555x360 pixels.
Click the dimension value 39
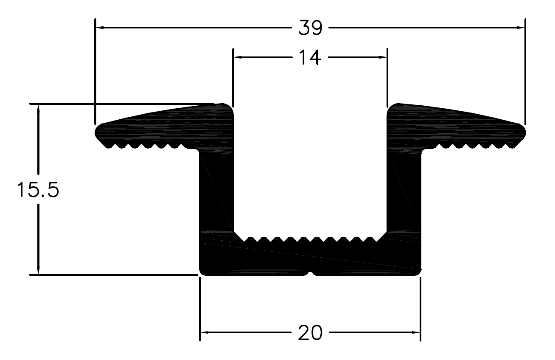tap(310, 28)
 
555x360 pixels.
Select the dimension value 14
tap(310, 57)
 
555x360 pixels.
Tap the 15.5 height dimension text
tap(38, 189)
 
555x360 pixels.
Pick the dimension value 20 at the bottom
tap(310, 333)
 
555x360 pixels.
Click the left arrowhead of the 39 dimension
tap(100, 28)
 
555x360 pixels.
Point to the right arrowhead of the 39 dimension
tap(520, 28)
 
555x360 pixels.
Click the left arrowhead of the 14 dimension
tap(238, 57)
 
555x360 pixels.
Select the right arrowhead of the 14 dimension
tap(383, 57)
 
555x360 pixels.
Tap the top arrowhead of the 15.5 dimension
tap(38, 109)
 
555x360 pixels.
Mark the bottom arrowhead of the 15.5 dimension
tap(38, 270)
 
